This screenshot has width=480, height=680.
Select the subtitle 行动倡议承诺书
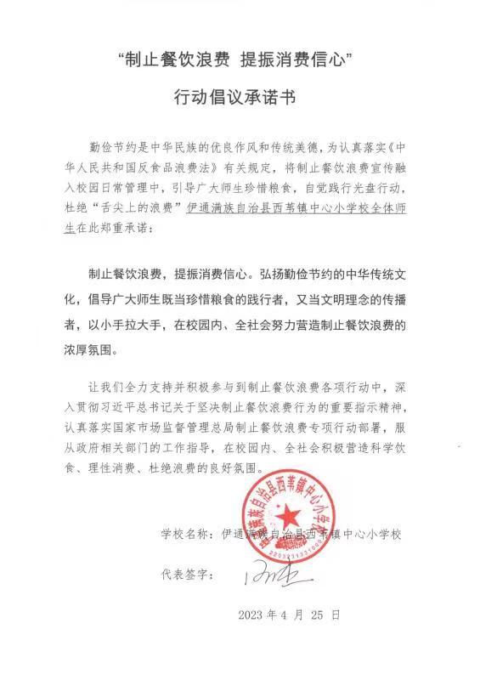[x=240, y=98]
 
